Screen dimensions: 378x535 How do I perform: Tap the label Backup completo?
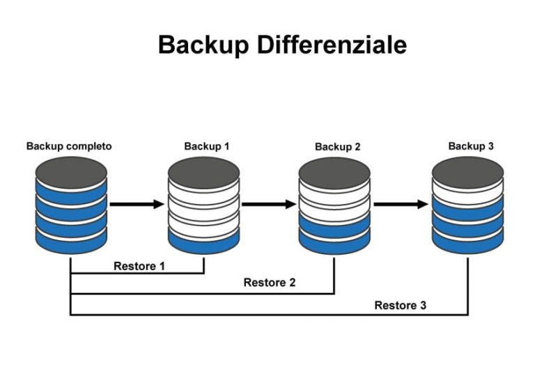[69, 146]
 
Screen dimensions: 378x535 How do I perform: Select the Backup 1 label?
[206, 146]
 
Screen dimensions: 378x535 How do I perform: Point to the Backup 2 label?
[338, 147]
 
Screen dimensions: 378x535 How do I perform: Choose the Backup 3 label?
[471, 146]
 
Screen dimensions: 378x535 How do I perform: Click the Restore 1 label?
[139, 265]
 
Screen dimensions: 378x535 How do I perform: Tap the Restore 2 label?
[270, 283]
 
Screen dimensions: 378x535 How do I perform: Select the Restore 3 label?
[401, 305]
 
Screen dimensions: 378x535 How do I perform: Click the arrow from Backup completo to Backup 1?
[137, 204]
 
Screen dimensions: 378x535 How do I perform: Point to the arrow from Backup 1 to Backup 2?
[269, 204]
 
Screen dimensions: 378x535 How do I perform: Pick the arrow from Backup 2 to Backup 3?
[401, 204]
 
